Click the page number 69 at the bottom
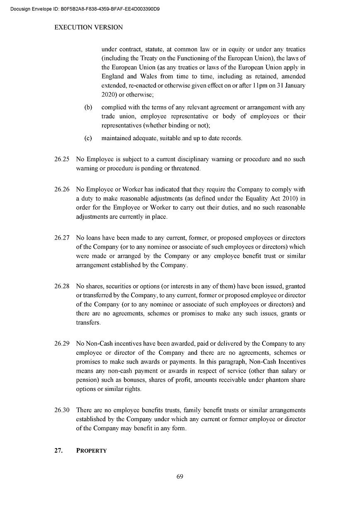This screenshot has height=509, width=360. coord(180,476)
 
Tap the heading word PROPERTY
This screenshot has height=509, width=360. coord(92,451)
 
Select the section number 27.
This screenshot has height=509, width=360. coord(58,451)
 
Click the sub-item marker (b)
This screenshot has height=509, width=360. coord(88,107)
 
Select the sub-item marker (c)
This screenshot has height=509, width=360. coord(88,138)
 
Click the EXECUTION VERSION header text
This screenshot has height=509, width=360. coord(89,27)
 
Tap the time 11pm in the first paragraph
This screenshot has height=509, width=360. coord(259,85)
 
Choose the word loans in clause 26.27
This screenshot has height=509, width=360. coord(94,238)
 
